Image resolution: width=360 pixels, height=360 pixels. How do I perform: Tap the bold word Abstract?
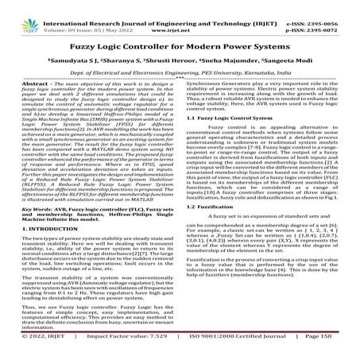tap(28, 84)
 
